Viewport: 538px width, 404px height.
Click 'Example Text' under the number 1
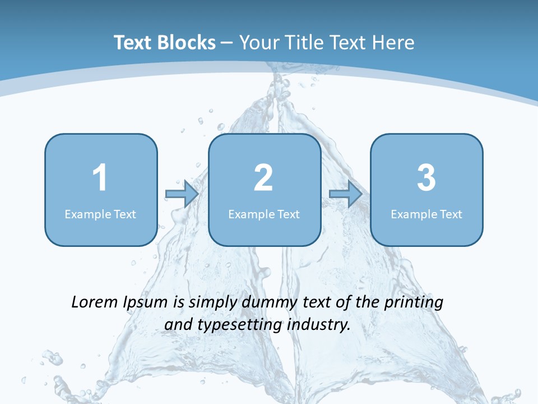pos(100,214)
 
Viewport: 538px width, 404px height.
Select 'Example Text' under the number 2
pos(264,214)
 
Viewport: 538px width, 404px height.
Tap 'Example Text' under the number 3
pos(426,214)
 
